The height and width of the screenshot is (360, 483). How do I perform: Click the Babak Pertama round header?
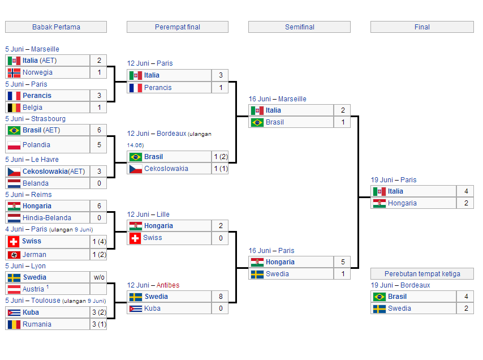(56, 27)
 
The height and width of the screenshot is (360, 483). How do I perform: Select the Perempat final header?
(178, 27)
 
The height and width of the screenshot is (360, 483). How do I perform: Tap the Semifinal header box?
(299, 27)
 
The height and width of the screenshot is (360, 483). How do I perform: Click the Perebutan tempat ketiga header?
(422, 274)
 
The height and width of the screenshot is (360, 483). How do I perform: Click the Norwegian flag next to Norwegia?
(14, 73)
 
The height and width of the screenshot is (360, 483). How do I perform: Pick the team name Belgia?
(32, 108)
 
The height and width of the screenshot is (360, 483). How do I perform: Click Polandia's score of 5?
(99, 145)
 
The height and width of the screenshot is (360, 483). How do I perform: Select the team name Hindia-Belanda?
(47, 218)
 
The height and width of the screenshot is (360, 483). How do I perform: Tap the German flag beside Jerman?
(14, 255)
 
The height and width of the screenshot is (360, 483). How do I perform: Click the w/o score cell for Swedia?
(99, 277)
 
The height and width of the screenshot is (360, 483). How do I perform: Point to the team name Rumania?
(37, 324)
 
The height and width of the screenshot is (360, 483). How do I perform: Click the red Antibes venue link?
(168, 285)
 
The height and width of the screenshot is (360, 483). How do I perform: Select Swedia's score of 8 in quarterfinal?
(221, 297)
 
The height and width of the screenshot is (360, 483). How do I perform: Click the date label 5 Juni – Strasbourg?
(36, 119)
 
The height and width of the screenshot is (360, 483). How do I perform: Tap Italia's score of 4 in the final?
(466, 191)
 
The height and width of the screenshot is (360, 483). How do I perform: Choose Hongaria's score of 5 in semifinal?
(343, 262)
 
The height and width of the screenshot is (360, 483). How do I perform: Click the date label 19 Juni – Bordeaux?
(400, 285)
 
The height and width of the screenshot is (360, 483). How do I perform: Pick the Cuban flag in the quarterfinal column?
(136, 308)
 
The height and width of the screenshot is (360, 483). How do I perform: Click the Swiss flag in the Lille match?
(135, 238)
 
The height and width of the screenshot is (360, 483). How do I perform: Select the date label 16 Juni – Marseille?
(278, 99)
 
